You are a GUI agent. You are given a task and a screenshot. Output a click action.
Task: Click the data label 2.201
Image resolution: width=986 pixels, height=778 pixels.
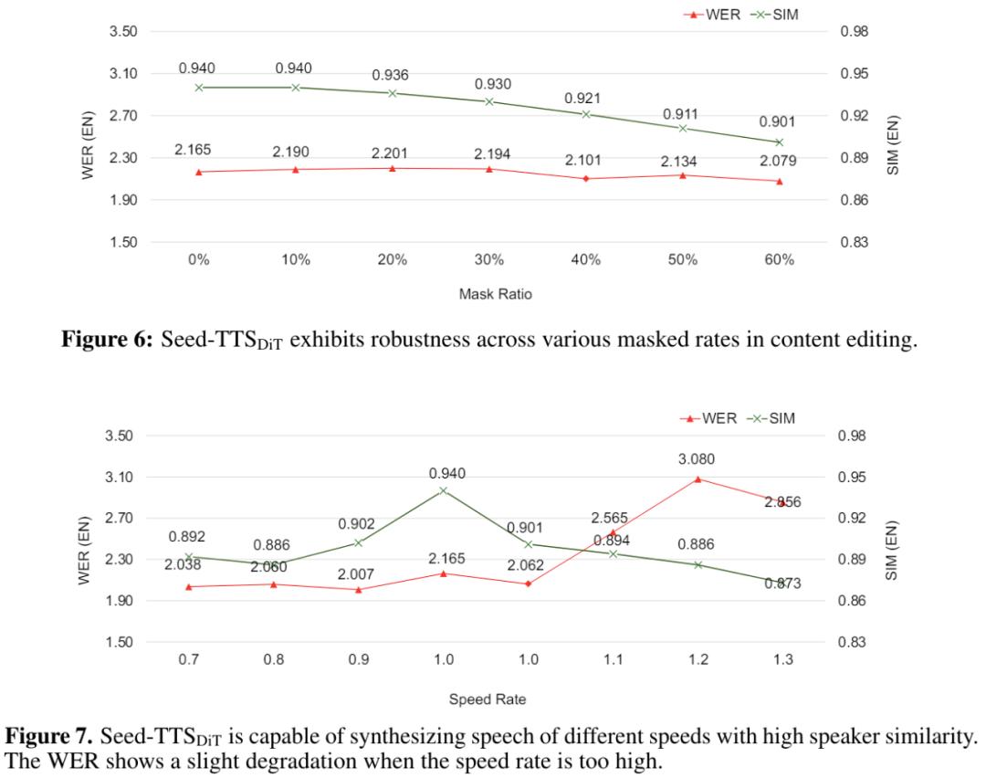[x=393, y=152]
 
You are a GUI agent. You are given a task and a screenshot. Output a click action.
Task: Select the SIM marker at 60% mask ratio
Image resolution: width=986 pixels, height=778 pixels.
[x=779, y=142]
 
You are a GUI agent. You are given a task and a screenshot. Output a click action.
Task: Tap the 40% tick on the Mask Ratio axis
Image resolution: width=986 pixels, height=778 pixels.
[x=585, y=259]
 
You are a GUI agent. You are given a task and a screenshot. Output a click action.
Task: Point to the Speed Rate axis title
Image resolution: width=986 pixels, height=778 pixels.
[x=486, y=699]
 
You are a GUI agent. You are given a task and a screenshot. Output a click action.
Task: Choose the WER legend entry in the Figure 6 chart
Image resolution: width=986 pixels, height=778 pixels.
[x=710, y=15]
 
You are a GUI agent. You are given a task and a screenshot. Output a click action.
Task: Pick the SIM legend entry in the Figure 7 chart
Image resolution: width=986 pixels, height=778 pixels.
[x=771, y=419]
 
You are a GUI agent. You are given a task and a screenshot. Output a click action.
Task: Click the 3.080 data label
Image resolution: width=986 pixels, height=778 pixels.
[x=698, y=459]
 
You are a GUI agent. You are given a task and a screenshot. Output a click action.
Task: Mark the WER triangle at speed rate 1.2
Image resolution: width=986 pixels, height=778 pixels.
[x=698, y=478]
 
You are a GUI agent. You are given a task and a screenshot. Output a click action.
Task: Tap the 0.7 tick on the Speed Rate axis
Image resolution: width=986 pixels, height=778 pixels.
[x=188, y=659]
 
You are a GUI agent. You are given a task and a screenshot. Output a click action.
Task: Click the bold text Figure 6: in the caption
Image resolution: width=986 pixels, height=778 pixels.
[x=110, y=341]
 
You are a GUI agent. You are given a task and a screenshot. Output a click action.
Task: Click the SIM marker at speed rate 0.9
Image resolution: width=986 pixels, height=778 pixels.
[x=358, y=542]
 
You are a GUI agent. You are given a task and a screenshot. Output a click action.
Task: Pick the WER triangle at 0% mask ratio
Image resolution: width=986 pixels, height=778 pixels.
[x=198, y=172]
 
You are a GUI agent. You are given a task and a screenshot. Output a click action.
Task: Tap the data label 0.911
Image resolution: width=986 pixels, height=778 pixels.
[x=682, y=114]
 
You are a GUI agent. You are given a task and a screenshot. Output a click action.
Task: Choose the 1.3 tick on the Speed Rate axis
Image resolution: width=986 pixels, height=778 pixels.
[x=782, y=659]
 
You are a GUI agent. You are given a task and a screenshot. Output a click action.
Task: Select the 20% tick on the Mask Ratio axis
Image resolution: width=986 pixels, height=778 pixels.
[x=392, y=259]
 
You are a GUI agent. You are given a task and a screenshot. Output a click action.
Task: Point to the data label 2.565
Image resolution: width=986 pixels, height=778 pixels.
[x=609, y=519]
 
